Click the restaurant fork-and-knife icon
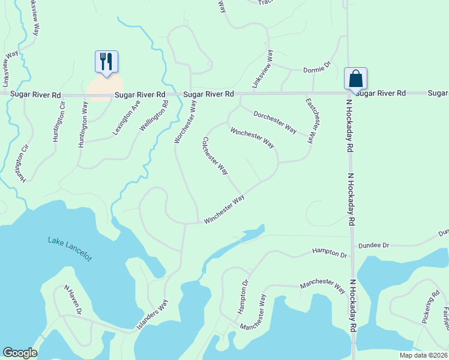pyautogui.click(x=106, y=61)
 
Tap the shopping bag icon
pyautogui.click(x=355, y=78)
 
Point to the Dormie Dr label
pyautogui.click(x=317, y=69)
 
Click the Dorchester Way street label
pyautogui.click(x=275, y=122)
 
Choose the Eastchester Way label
pyautogui.click(x=310, y=121)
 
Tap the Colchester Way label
pyautogui.click(x=215, y=156)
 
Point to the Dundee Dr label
pyautogui.click(x=374, y=245)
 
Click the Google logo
pyautogui.click(x=20, y=353)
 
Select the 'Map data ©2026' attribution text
pyautogui.click(x=424, y=355)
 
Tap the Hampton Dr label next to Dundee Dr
pyautogui.click(x=330, y=254)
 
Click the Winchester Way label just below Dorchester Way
pyautogui.click(x=252, y=137)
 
